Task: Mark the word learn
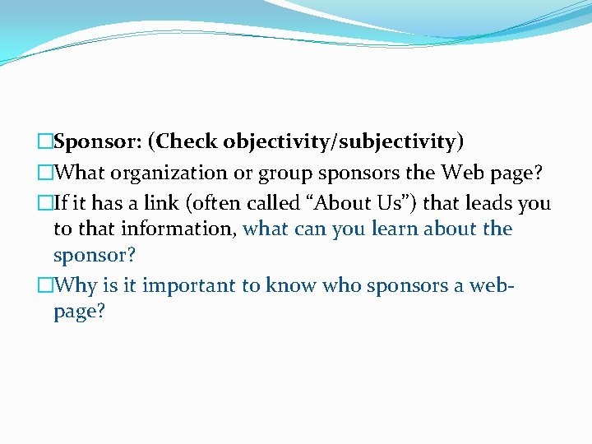click(x=368, y=229)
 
